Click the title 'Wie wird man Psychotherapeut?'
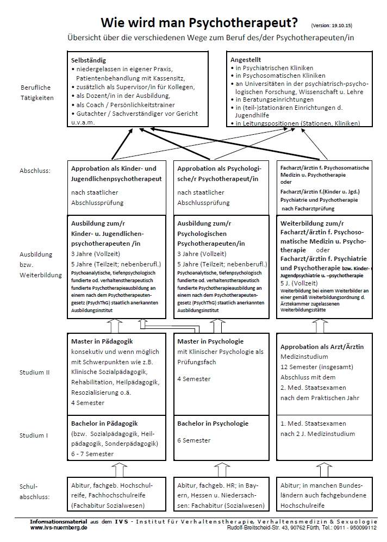199,23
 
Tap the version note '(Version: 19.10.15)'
332,25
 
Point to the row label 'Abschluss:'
35,170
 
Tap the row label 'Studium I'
33,435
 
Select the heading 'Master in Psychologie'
210,341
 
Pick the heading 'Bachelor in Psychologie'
213,423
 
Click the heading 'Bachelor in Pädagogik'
105,423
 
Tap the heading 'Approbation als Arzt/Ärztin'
322,346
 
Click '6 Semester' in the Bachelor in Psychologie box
193,440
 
